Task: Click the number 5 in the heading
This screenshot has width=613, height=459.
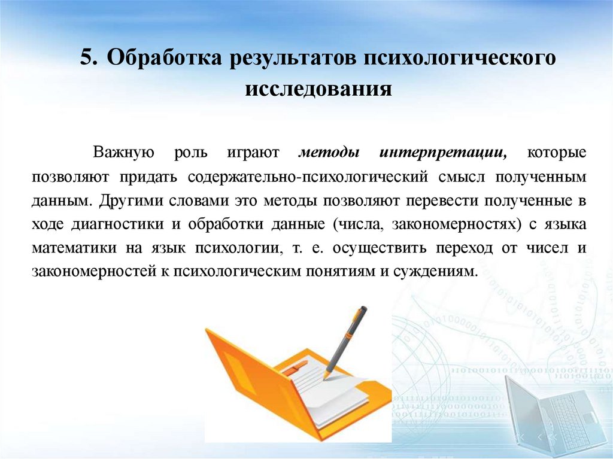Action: point(88,59)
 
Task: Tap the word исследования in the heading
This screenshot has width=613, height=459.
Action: point(318,90)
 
